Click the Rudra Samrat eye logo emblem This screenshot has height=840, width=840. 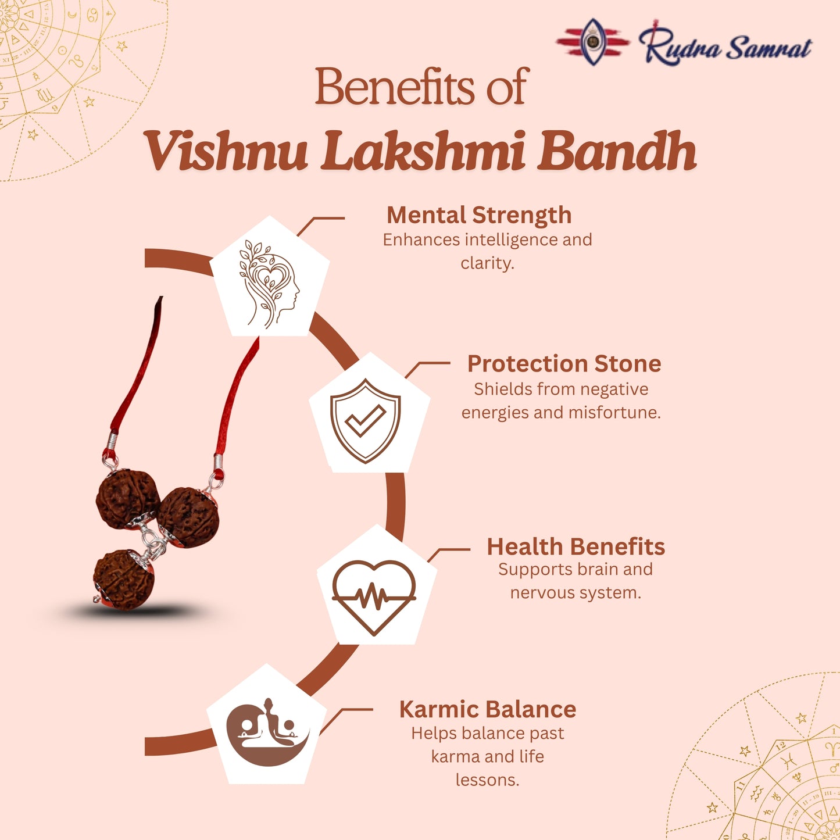tap(592, 41)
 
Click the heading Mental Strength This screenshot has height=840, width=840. tap(479, 215)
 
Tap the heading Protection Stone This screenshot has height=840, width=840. tap(564, 364)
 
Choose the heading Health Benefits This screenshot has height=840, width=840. tap(576, 546)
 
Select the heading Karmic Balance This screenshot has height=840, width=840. tap(487, 709)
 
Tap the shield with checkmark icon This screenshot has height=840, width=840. tap(365, 420)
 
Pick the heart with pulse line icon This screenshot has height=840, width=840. tap(374, 595)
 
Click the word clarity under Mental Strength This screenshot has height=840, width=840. tap(487, 263)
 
